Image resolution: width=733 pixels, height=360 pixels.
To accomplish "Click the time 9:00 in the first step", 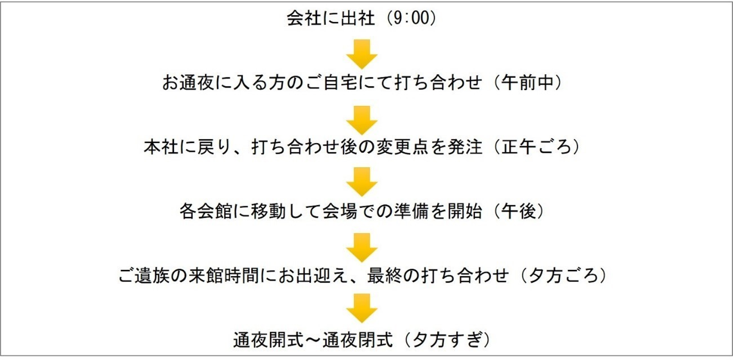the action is [411, 18].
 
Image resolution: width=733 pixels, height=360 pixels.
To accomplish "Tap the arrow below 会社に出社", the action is [362, 54].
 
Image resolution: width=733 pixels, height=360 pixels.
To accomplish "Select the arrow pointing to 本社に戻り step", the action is [362, 120].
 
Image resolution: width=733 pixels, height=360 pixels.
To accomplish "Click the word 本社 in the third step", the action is [161, 147].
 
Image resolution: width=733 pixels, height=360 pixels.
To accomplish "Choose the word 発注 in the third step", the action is [465, 147].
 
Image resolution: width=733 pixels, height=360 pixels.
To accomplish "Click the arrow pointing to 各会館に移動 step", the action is [362, 182].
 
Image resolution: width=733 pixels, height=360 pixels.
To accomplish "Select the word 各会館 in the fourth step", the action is [206, 211].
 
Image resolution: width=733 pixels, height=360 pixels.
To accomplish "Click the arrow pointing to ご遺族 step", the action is [362, 248].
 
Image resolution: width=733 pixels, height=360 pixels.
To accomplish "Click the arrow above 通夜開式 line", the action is [362, 308].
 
